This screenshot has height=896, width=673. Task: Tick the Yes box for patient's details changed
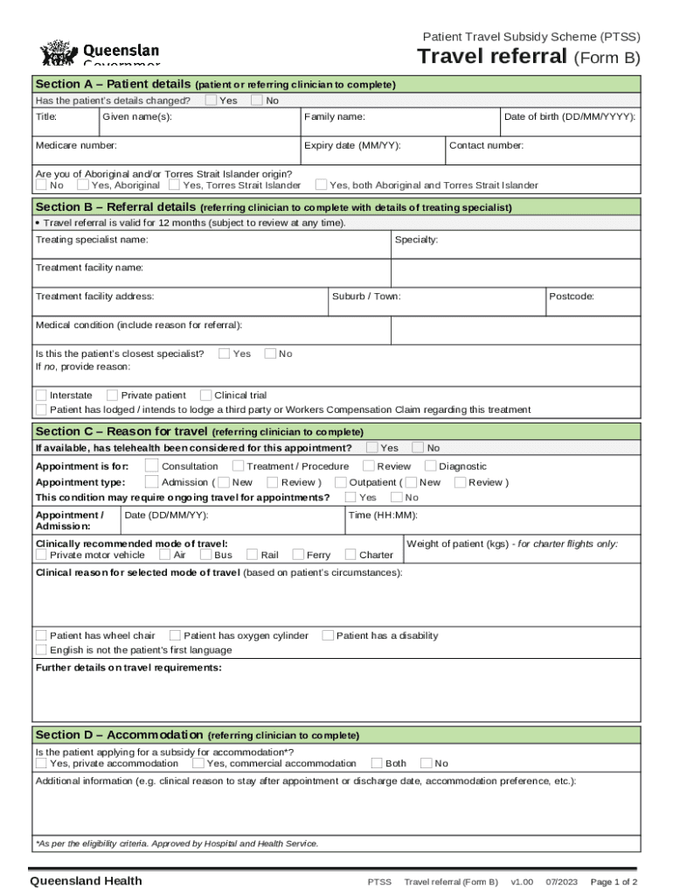click(x=212, y=100)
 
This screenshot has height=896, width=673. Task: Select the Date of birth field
click(x=569, y=123)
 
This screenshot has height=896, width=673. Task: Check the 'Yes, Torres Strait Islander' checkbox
click(x=175, y=185)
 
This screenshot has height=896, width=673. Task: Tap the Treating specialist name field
click(x=210, y=246)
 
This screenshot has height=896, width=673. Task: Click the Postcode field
click(x=592, y=303)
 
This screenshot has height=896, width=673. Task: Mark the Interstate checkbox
click(x=41, y=395)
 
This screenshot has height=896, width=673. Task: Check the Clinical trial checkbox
click(x=206, y=395)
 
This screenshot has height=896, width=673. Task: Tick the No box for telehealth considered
click(x=418, y=447)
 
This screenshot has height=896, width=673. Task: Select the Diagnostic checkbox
click(x=430, y=465)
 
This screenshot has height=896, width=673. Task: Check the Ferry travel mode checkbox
click(x=298, y=555)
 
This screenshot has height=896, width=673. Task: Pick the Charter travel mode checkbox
click(x=350, y=555)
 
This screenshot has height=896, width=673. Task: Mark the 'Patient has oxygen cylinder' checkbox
click(x=175, y=635)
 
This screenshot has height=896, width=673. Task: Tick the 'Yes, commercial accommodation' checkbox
click(x=198, y=763)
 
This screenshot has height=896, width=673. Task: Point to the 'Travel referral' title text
click(x=492, y=58)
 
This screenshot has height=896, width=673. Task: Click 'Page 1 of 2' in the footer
click(x=614, y=881)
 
